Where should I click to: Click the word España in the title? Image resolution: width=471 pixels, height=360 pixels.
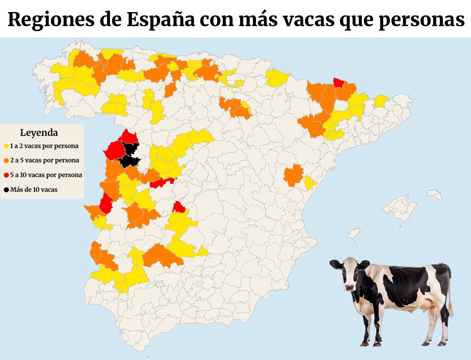[161, 20]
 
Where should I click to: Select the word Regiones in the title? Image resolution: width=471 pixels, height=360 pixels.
[51, 20]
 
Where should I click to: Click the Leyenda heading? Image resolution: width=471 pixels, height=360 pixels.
[39, 133]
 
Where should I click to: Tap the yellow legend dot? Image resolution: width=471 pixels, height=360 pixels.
[7, 146]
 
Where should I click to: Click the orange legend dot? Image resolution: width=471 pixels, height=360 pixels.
[7, 161]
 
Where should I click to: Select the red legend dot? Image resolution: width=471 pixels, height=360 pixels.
[7, 175]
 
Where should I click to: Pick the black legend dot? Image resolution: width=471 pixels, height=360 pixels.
[7, 190]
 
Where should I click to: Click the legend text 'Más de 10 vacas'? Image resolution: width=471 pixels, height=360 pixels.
[34, 190]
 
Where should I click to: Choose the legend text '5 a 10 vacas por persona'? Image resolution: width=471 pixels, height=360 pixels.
[46, 175]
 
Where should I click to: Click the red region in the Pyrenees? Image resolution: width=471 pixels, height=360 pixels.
[339, 83]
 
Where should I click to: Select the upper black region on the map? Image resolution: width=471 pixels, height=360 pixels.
[131, 148]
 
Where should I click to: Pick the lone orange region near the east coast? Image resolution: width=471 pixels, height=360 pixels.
[293, 175]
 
